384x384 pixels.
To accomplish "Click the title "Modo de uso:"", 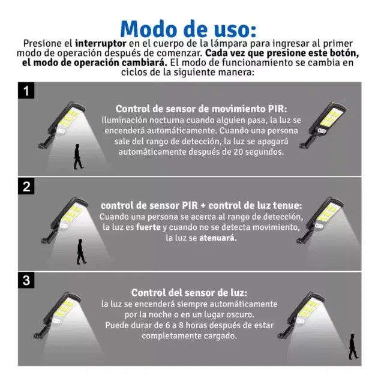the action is (188, 29).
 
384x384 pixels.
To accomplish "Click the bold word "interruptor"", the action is (101, 44).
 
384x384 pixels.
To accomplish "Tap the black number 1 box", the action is (26, 91).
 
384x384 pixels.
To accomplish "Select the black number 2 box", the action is (26, 186).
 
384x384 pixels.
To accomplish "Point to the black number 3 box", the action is (26, 280).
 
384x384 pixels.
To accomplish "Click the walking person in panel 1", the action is (78, 157).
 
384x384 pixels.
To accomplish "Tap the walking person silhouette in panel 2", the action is (82, 252).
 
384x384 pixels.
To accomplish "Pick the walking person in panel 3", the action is (353, 347).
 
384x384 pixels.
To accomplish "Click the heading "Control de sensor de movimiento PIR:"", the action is (202, 109).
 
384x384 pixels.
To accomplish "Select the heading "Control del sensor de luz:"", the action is (190, 293).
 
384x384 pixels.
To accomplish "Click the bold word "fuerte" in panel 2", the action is (148, 227).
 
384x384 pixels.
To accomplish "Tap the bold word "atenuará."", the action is (218, 238).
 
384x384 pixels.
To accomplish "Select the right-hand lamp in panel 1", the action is (322, 124).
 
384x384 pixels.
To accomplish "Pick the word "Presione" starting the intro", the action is (42, 44).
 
